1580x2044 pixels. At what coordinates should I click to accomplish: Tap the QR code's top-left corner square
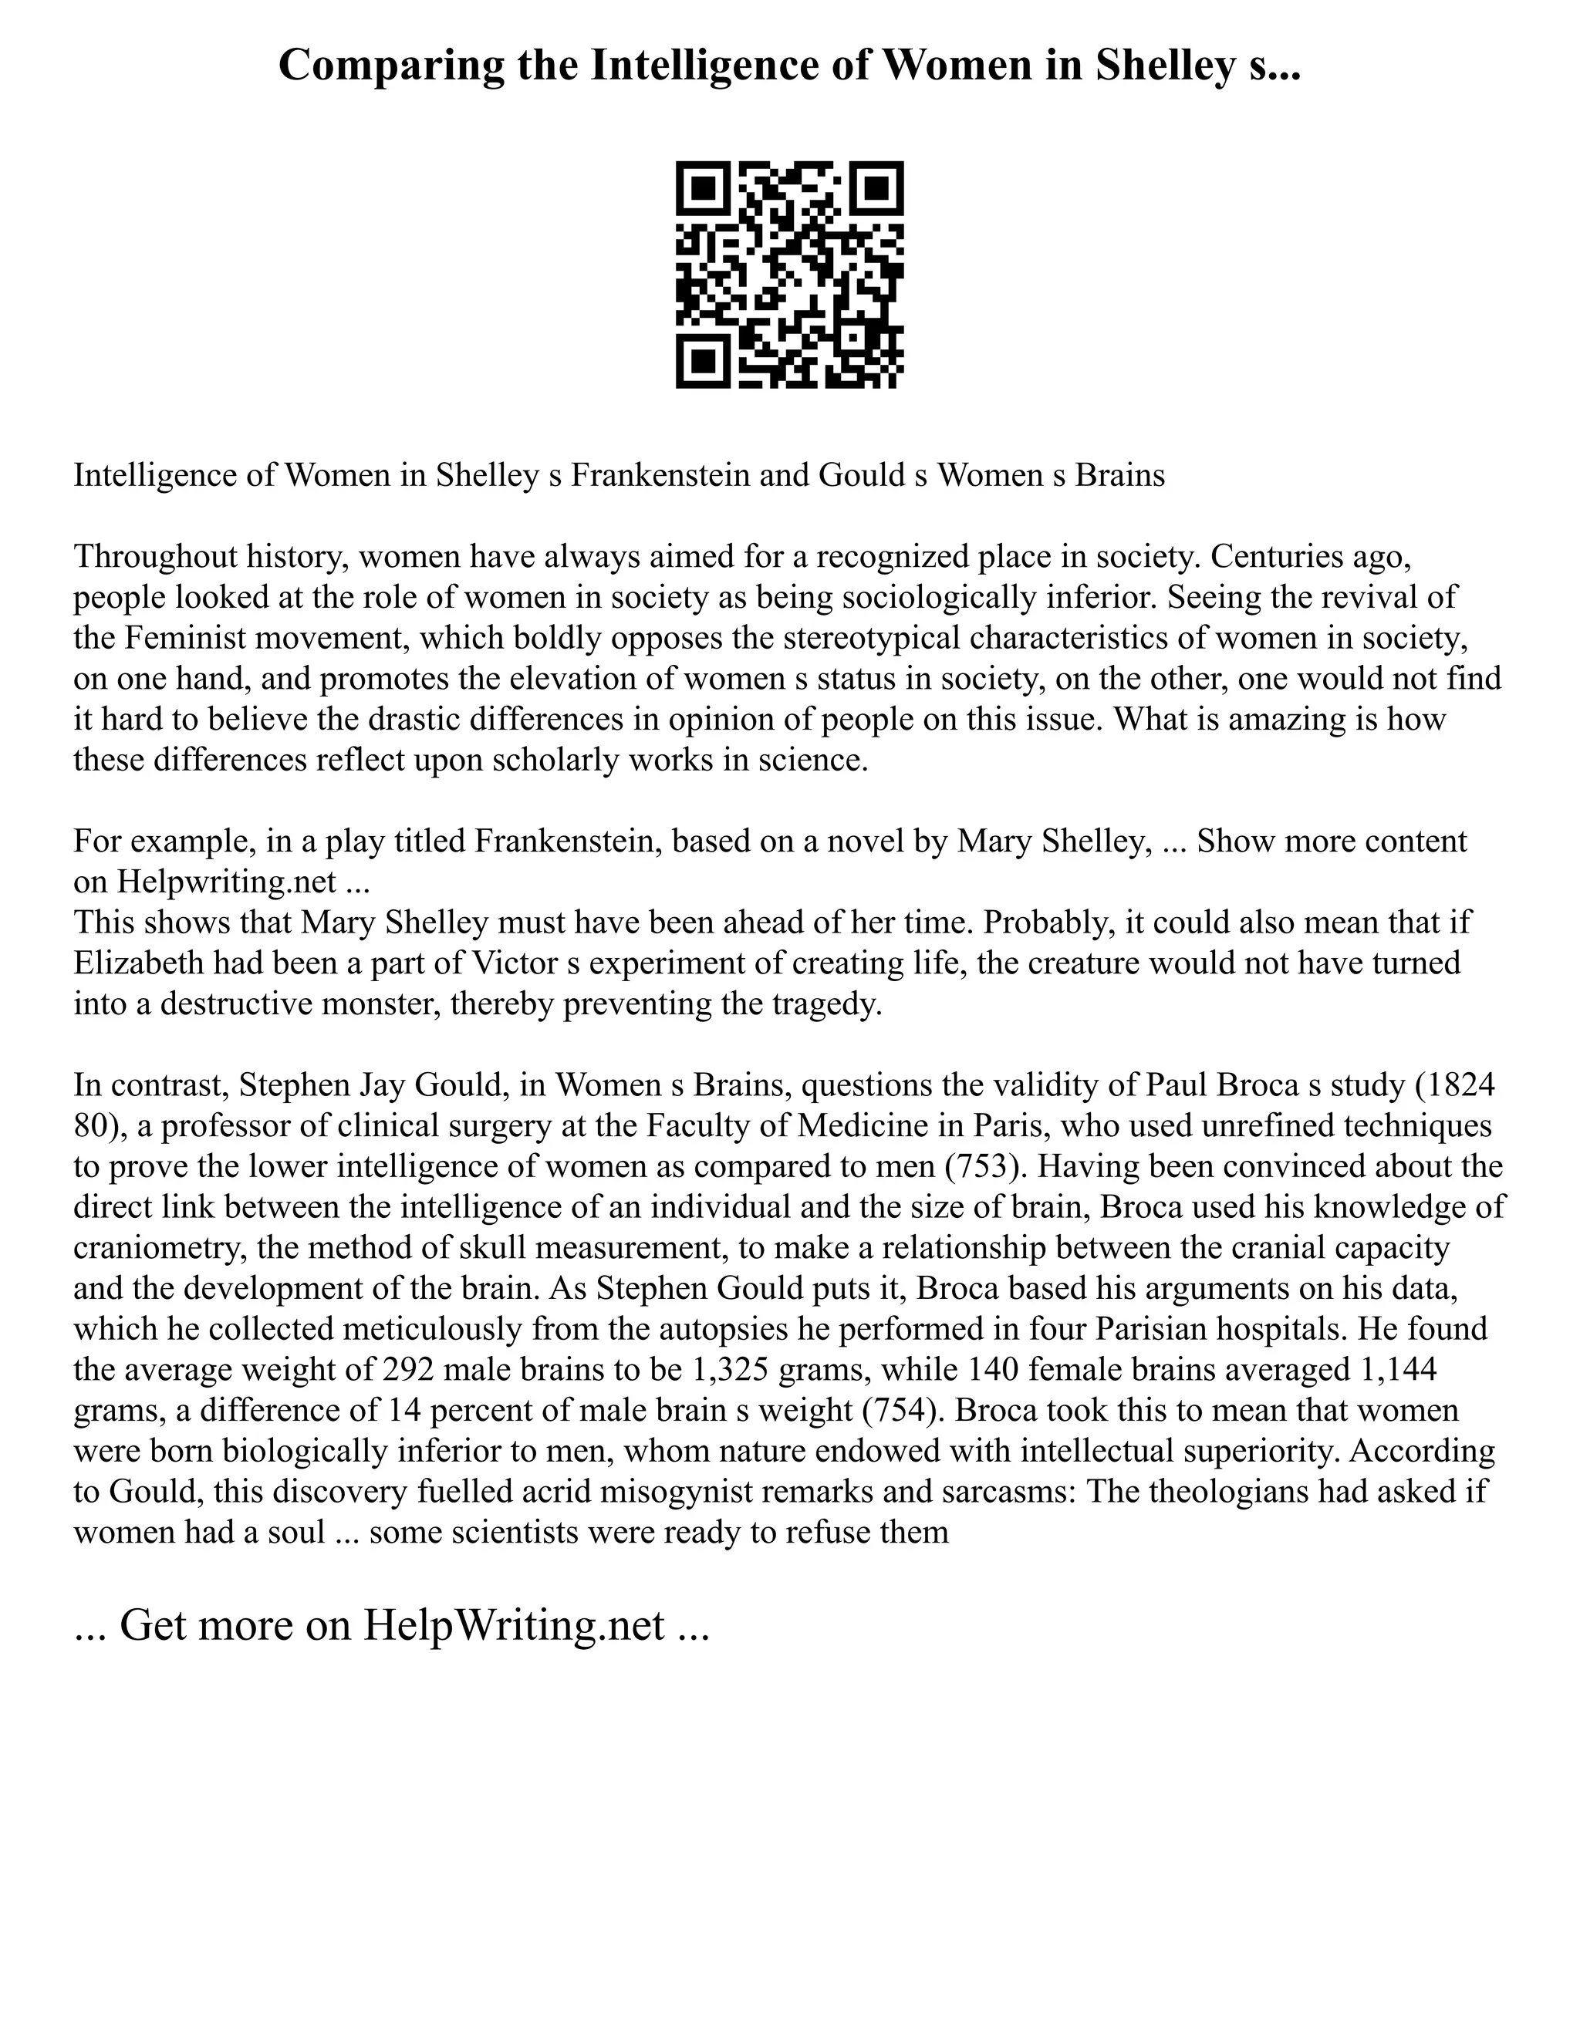coord(703,188)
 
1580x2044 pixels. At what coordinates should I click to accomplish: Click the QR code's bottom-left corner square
coord(703,361)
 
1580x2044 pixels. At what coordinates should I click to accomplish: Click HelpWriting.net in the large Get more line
coord(513,1626)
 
